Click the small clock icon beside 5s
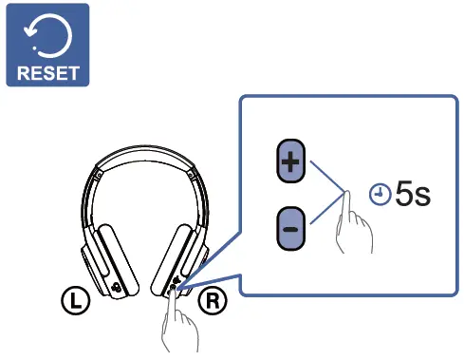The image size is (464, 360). coord(380,196)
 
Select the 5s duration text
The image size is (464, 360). coord(412,195)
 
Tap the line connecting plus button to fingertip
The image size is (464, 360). coord(328,176)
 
